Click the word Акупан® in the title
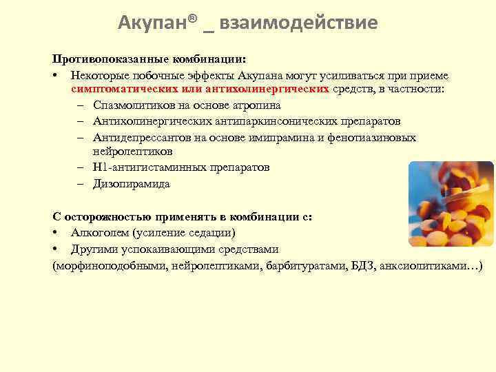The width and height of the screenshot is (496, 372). (157, 23)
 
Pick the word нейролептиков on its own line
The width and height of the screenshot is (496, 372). (132, 151)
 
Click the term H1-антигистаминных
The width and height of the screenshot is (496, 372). (141, 167)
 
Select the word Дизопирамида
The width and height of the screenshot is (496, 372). (132, 184)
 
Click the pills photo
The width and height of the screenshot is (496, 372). (451, 204)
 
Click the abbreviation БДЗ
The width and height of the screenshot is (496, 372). (358, 265)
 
